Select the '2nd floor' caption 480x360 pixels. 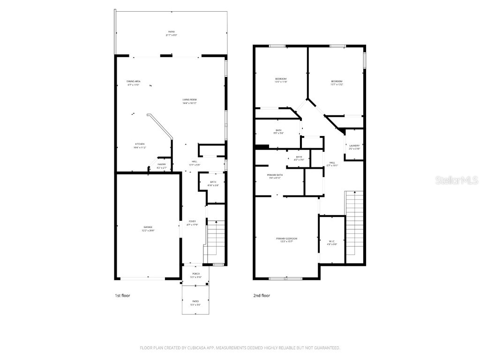click(x=262, y=296)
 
